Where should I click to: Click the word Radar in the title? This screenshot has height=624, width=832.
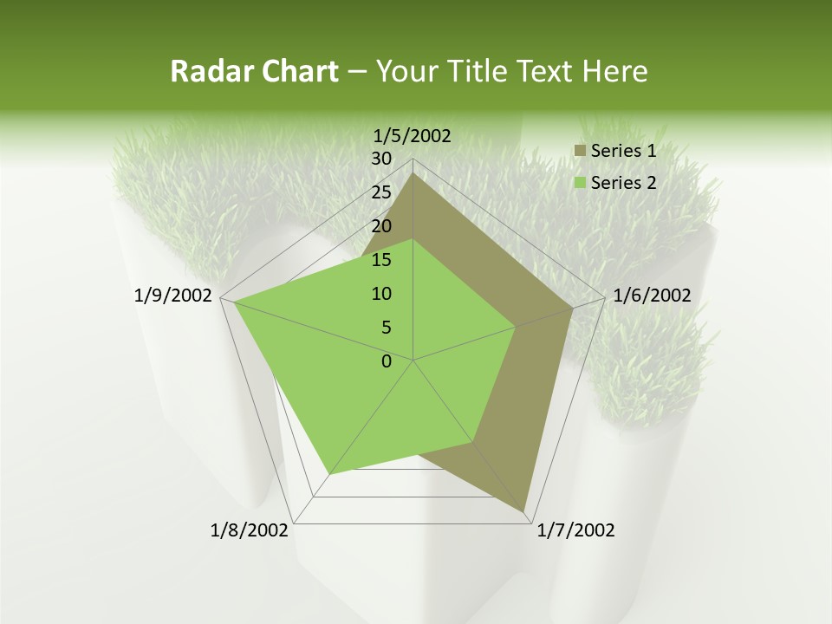[205, 72]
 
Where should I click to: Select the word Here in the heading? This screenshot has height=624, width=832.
[614, 72]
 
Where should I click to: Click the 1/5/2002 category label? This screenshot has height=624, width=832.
[412, 135]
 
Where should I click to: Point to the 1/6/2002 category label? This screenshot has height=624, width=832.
[652, 296]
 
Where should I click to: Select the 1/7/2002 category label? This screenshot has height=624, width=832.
[575, 530]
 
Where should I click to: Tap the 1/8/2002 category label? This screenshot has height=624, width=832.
[250, 530]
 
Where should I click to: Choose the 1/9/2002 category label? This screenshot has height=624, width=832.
[173, 296]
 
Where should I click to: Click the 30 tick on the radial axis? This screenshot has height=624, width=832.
[381, 159]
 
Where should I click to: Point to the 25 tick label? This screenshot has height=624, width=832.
[381, 192]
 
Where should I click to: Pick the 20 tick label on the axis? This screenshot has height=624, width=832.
[381, 226]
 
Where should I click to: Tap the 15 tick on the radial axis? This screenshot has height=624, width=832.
[381, 260]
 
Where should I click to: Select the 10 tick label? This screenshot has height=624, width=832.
[381, 294]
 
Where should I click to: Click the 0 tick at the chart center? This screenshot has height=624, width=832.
[387, 361]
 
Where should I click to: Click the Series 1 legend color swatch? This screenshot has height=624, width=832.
[580, 152]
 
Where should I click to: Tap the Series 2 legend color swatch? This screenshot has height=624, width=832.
[580, 183]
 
